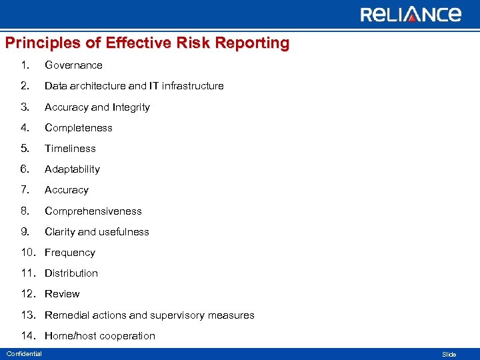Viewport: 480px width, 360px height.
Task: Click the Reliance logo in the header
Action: [x=411, y=14]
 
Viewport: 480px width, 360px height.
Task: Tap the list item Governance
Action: [x=73, y=65]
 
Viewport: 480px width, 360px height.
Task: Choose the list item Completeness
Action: [x=78, y=128]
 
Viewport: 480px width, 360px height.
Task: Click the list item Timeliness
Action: [x=70, y=149]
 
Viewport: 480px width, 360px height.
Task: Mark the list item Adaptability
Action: [x=72, y=169]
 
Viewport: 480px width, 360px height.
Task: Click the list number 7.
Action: [x=25, y=190]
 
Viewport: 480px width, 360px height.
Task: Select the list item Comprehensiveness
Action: [x=93, y=211]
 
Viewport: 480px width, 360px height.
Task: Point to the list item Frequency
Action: [x=69, y=253]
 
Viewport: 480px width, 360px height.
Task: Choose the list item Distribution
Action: [x=71, y=273]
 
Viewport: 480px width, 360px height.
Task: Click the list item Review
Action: [x=62, y=294]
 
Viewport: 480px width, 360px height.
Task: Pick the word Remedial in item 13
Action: [x=67, y=315]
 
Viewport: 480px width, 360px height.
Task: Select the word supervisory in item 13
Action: [x=183, y=315]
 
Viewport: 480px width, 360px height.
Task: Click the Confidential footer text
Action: [x=24, y=354]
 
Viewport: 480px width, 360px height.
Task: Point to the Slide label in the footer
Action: [x=449, y=355]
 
